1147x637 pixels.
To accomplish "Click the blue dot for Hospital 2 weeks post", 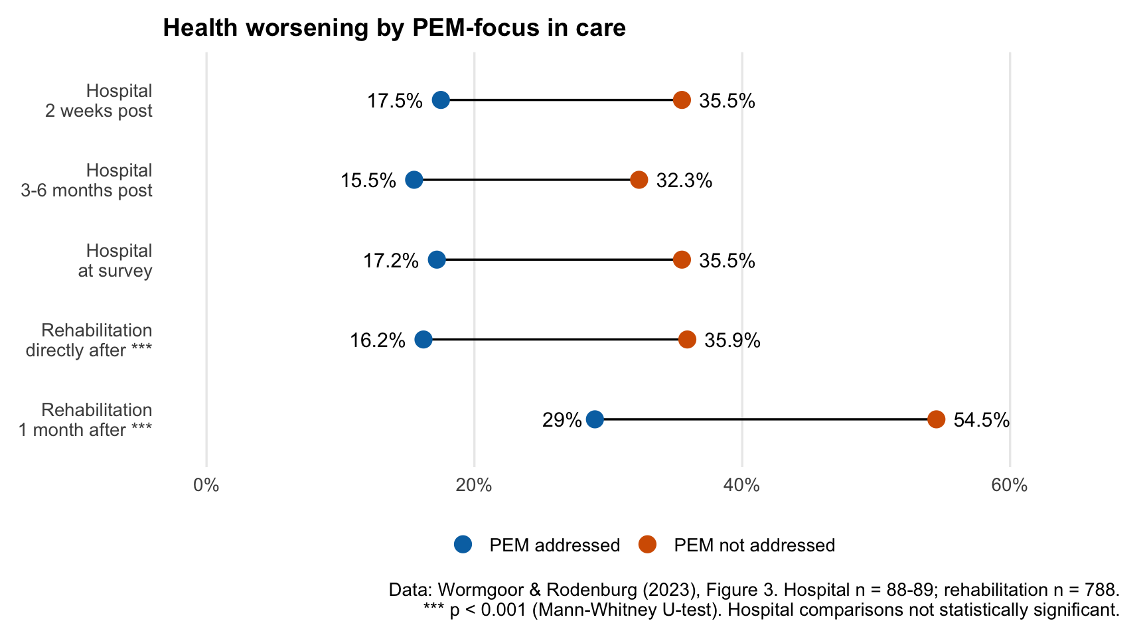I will point(441,100).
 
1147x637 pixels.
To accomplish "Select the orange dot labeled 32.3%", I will point(639,180).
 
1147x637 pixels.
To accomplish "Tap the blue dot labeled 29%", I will point(595,419).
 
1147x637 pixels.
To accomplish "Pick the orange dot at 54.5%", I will point(936,419).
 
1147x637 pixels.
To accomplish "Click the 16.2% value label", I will point(377,340).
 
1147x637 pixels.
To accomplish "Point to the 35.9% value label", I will point(732,340).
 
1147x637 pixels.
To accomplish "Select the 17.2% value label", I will point(390,261).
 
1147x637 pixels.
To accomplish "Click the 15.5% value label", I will point(368,180).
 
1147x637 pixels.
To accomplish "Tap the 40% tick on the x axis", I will point(741,485).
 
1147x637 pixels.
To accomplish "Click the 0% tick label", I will point(206,485).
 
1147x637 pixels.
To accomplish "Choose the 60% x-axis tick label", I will point(1009,485).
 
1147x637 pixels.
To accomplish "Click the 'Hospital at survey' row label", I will point(115,260).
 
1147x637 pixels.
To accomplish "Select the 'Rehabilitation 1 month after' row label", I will point(86,419).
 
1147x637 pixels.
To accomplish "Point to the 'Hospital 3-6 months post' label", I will point(88,180).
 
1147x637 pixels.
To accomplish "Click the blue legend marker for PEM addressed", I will point(463,545).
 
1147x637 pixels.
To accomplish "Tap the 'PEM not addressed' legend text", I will point(754,545).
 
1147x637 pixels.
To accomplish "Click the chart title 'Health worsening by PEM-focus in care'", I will point(394,28).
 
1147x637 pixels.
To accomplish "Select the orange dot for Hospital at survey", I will point(682,259).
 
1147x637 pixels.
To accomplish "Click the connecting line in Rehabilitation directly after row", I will point(555,340).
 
